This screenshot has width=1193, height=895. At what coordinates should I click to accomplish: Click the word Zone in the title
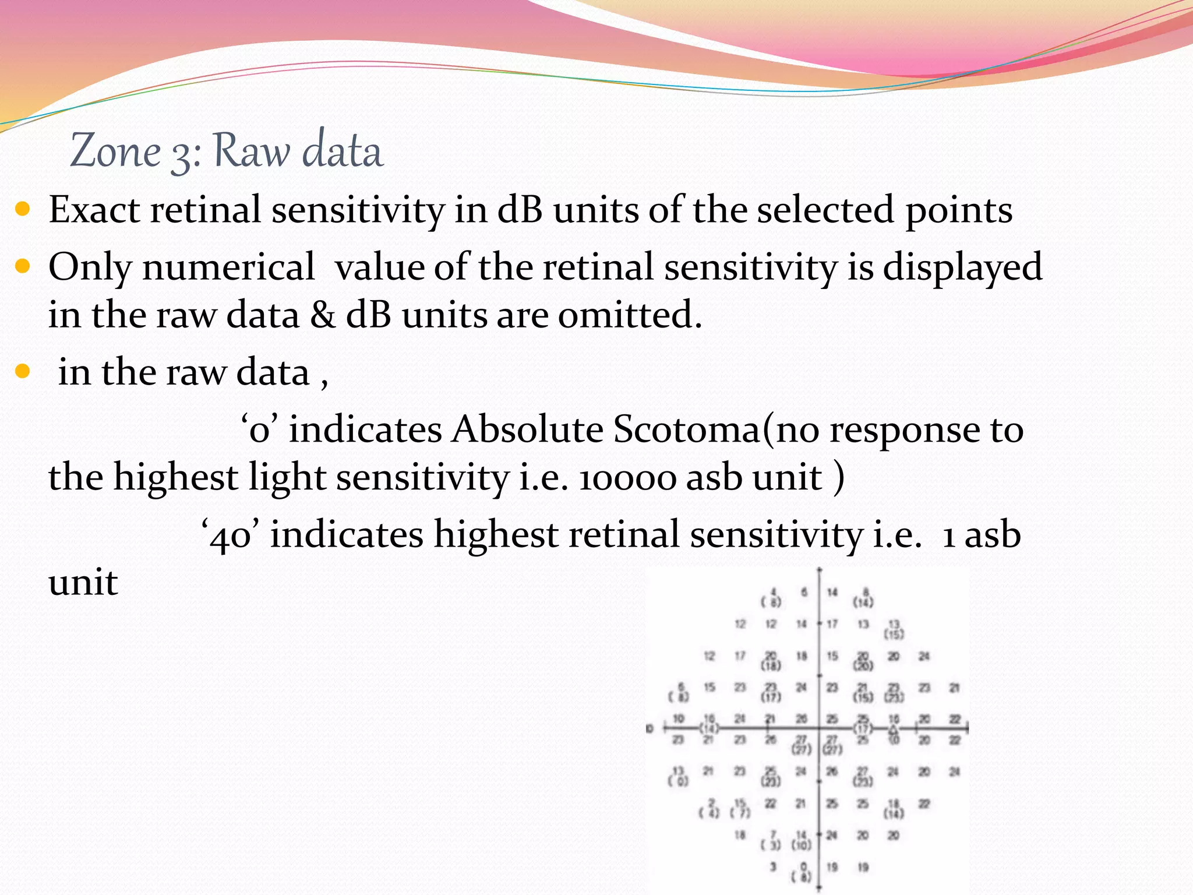(115, 151)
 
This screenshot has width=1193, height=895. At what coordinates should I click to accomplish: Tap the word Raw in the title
(251, 151)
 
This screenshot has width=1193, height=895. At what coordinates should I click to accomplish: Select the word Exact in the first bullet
(94, 210)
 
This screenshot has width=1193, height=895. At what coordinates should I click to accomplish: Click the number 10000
(627, 477)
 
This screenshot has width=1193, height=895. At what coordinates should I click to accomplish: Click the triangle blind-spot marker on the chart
(894, 728)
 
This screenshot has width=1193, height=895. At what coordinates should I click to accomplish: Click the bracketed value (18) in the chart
(771, 665)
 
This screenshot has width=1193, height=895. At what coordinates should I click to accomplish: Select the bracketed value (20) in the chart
(863, 665)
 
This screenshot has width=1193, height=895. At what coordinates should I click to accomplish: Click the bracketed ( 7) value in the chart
(740, 813)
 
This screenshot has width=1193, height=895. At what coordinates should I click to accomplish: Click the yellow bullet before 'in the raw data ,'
(22, 372)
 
